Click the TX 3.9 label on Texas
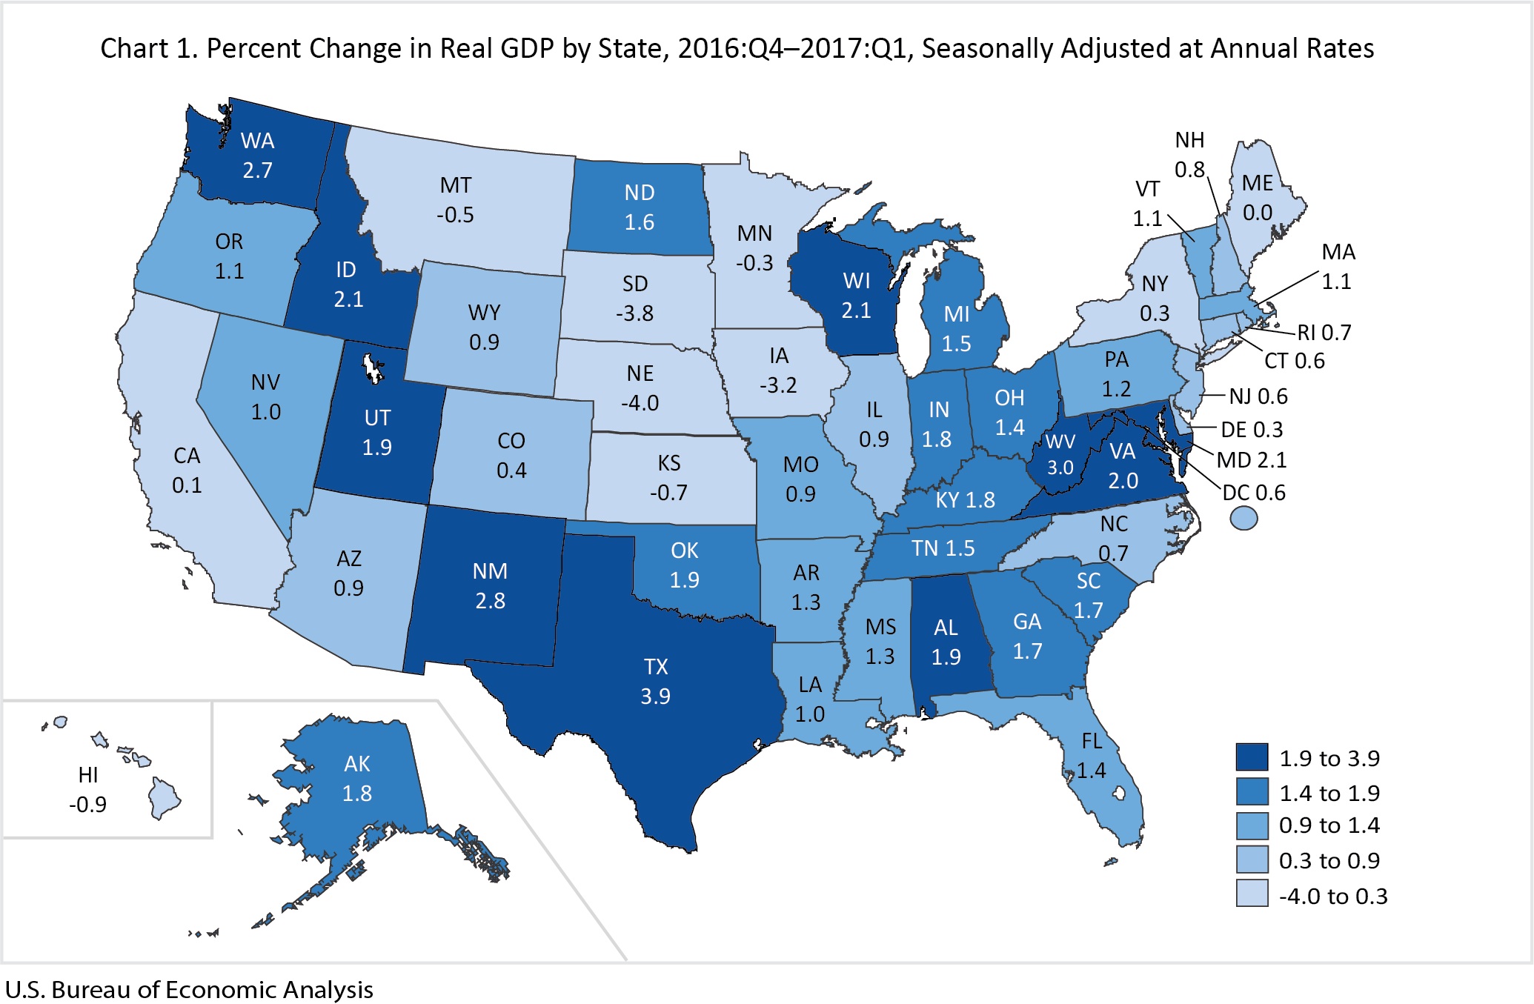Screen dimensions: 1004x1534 pos(656,682)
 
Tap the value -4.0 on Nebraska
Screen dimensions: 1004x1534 pos(640,403)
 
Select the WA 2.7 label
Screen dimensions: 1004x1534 pos(258,156)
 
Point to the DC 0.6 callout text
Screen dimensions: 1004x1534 pos(1254,493)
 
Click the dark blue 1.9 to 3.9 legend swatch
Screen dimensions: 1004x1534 pos(1252,757)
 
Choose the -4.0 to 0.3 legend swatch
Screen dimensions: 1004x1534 pos(1252,895)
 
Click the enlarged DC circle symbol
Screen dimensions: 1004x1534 pos(1244,517)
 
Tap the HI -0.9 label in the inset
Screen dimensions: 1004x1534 pos(88,790)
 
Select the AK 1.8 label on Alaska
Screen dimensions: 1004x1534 pos(357,779)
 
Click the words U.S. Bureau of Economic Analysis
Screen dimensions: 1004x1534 pos(189,990)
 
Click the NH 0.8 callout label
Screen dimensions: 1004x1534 pos(1189,154)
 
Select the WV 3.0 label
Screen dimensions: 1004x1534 pos(1060,454)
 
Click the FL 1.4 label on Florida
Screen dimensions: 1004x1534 pos(1092,756)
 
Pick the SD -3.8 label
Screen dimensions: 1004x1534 pos(635,299)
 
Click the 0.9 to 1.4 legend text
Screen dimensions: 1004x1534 pos(1329,825)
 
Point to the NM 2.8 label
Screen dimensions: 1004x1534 pos(491,586)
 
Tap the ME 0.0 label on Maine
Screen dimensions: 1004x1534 pos(1258,198)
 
